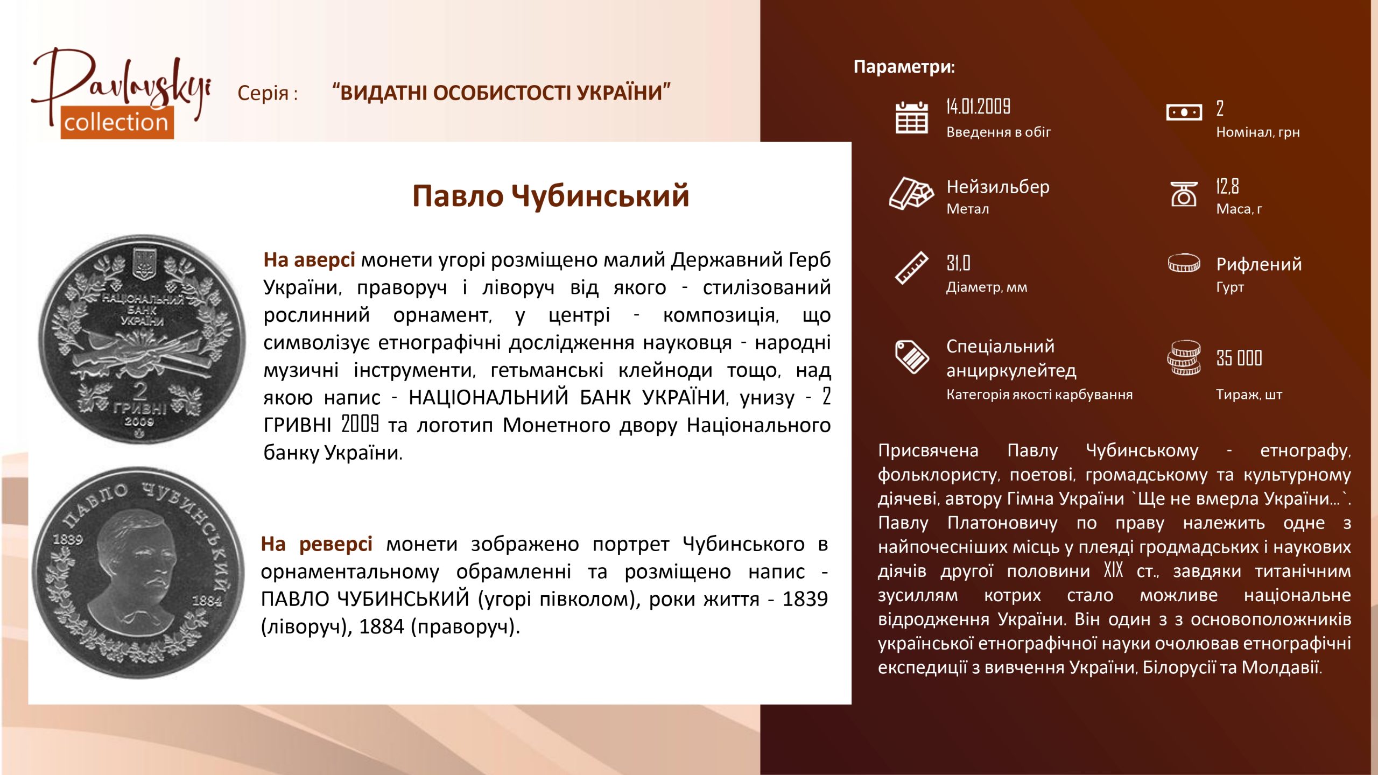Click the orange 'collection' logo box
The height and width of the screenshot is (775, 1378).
coord(117,122)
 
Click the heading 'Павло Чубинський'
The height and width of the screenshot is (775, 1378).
coord(551,195)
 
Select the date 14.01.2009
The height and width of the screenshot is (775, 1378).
coord(978,106)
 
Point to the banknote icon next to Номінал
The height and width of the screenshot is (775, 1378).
coord(1184,112)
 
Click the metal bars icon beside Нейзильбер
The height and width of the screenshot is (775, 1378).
coord(911,193)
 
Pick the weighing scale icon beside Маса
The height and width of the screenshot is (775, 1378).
coord(1184,194)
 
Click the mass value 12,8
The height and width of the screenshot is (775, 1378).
coord(1227,186)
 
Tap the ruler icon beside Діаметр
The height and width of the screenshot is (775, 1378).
coord(911,267)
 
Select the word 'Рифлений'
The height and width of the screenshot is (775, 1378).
coord(1259,264)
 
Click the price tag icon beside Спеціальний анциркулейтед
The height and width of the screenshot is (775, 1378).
coord(911,356)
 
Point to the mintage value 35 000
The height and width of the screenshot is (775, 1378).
coord(1239,358)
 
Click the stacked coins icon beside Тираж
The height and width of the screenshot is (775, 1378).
coord(1184,358)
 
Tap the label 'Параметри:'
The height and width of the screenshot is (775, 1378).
coord(904,67)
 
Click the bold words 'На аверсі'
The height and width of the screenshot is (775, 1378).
coord(309,259)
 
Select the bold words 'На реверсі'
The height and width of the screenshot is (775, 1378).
coord(317,544)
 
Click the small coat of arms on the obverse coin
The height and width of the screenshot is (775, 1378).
coord(144,264)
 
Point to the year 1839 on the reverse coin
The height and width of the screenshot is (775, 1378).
coord(68,539)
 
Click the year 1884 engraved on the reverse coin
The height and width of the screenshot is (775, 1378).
coord(207,600)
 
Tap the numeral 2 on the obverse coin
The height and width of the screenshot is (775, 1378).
coord(140,391)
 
